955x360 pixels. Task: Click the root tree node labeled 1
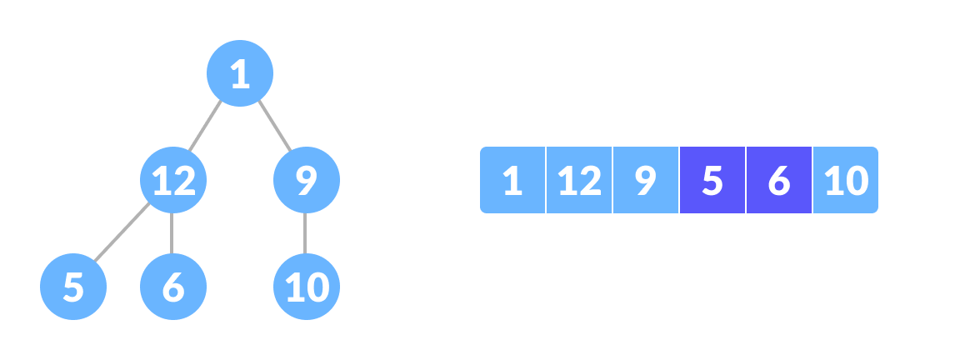[x=240, y=73]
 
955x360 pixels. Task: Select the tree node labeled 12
[x=173, y=180]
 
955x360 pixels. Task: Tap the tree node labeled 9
[x=307, y=180]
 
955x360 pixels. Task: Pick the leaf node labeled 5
[x=73, y=287]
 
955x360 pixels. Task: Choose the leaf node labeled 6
[x=173, y=287]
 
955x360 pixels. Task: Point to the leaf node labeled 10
[x=307, y=287]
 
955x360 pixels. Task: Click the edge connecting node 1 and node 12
[x=206, y=127]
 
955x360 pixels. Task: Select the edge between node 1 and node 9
[x=274, y=127]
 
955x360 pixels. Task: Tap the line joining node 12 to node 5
[x=122, y=233]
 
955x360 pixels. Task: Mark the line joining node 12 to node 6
[x=172, y=233]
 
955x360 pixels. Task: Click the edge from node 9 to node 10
[x=306, y=233]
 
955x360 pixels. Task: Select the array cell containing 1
[x=512, y=180]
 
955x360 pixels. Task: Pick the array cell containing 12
[x=579, y=180]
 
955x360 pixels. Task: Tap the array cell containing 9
[x=646, y=180]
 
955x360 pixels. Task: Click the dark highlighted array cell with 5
[x=712, y=180]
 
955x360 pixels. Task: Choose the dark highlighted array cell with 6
[x=778, y=180]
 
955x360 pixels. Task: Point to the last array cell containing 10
[x=845, y=180]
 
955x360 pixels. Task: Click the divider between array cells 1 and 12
[x=546, y=180]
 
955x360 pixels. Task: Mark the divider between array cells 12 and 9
[x=612, y=180]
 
